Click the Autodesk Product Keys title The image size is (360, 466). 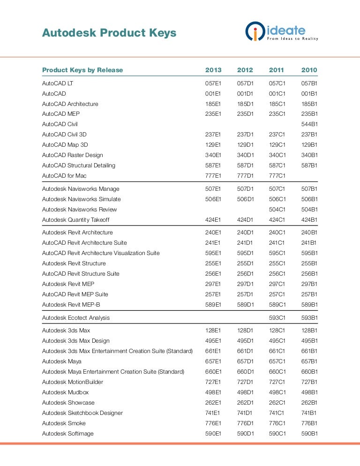point(109,33)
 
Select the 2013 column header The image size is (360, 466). point(213,70)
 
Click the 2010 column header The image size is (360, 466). point(309,70)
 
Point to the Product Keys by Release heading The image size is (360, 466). point(82,70)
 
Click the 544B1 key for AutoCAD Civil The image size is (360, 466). point(309,124)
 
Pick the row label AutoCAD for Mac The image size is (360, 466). point(64,176)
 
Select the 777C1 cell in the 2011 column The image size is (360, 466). point(277,176)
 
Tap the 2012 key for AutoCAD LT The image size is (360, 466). point(245,83)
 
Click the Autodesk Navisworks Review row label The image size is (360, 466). point(80,210)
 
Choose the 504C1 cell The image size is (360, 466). point(277,210)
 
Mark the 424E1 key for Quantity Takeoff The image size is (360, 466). point(213,220)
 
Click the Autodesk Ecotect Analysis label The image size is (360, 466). point(76,318)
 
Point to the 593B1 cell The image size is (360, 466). point(309,318)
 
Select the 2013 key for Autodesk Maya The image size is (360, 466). point(213,361)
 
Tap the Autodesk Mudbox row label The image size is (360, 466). point(65,392)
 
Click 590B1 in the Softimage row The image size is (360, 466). point(309,434)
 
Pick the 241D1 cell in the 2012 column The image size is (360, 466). point(245,243)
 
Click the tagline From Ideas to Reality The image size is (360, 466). point(292,38)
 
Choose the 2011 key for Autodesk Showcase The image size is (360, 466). point(277,403)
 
